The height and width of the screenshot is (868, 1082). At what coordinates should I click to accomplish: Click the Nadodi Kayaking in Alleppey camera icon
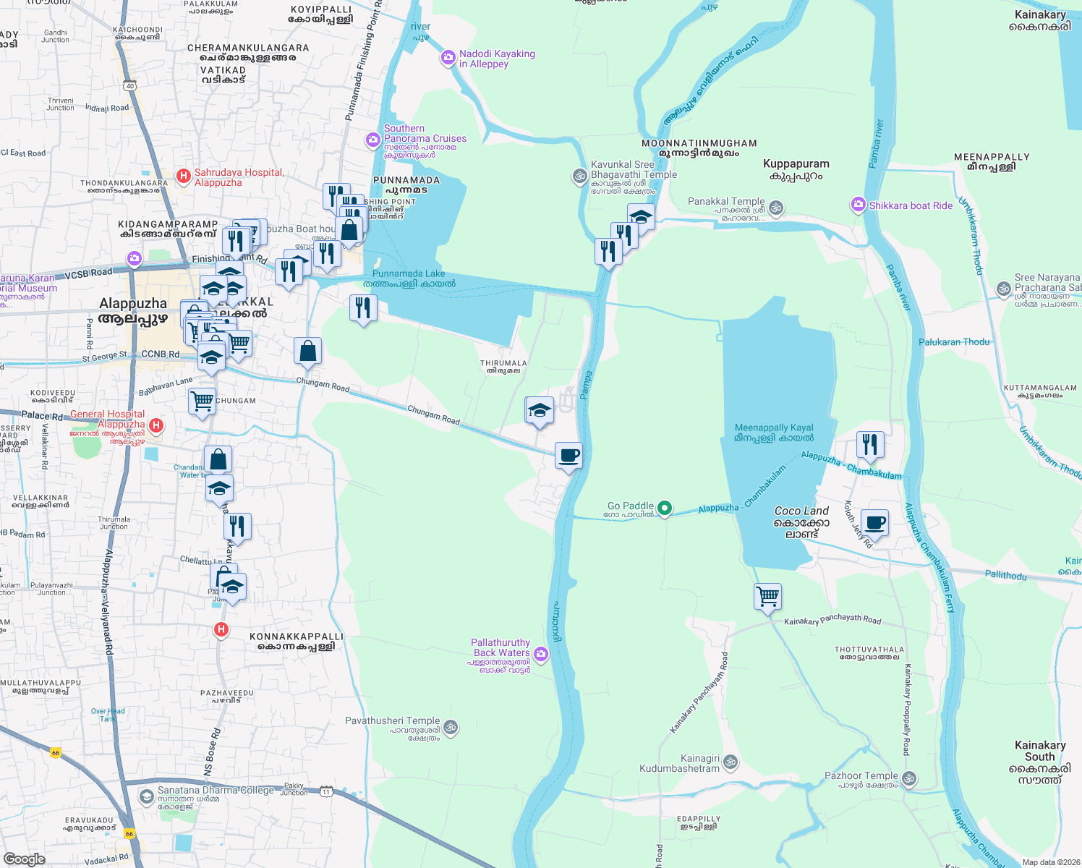tap(448, 59)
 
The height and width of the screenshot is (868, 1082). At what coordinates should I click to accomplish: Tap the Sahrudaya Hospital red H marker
tap(184, 176)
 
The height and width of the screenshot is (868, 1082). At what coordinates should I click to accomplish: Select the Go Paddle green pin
tap(665, 509)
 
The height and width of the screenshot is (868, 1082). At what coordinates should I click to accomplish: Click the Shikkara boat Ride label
tap(911, 205)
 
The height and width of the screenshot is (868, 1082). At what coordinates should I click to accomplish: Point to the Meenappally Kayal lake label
tap(774, 433)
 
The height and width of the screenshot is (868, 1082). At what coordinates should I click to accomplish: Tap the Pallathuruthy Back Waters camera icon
tap(541, 655)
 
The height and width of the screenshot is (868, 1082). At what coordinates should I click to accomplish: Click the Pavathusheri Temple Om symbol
tap(451, 726)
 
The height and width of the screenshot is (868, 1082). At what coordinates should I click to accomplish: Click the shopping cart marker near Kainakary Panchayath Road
tap(767, 597)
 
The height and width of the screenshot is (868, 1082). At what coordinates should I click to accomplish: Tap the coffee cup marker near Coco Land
tap(874, 523)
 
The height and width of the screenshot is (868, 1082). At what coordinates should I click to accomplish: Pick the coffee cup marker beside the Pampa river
tap(568, 456)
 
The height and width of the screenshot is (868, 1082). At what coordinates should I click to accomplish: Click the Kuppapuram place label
tap(796, 169)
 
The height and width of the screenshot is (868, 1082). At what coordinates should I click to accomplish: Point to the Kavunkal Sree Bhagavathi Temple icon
tap(579, 176)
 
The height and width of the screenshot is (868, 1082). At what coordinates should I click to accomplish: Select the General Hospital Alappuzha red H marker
tap(156, 425)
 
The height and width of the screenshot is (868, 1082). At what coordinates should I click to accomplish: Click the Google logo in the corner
tap(25, 859)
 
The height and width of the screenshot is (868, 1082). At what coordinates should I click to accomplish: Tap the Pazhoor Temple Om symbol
tap(909, 779)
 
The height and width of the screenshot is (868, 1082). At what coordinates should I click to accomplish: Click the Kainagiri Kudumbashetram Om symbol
tap(730, 761)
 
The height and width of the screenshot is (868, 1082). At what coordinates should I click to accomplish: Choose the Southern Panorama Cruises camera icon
tap(373, 139)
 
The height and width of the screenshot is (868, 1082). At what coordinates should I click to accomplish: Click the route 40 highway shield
tap(129, 86)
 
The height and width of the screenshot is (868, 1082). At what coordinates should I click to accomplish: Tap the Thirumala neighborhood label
tap(503, 367)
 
